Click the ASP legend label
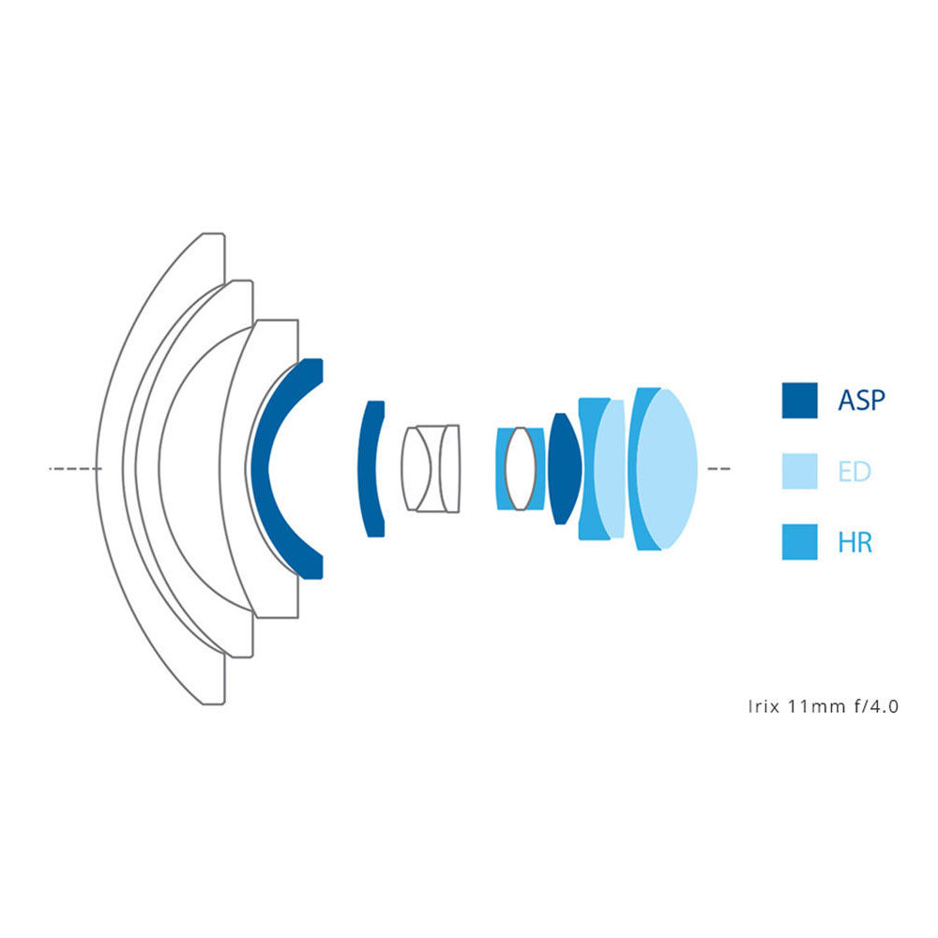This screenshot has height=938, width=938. [x=861, y=401]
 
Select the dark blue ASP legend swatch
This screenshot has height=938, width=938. [x=800, y=401]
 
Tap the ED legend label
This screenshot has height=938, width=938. [x=855, y=471]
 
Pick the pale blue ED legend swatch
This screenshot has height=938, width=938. [x=800, y=471]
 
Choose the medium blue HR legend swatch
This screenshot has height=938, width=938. [x=800, y=542]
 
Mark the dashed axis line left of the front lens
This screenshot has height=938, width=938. [x=73, y=467]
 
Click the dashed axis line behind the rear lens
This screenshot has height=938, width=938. [x=718, y=467]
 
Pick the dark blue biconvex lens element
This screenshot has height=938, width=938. [x=563, y=467]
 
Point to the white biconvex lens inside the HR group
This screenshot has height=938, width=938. [x=521, y=467]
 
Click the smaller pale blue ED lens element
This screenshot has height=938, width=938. [x=610, y=467]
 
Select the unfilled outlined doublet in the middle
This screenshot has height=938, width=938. [x=431, y=467]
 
